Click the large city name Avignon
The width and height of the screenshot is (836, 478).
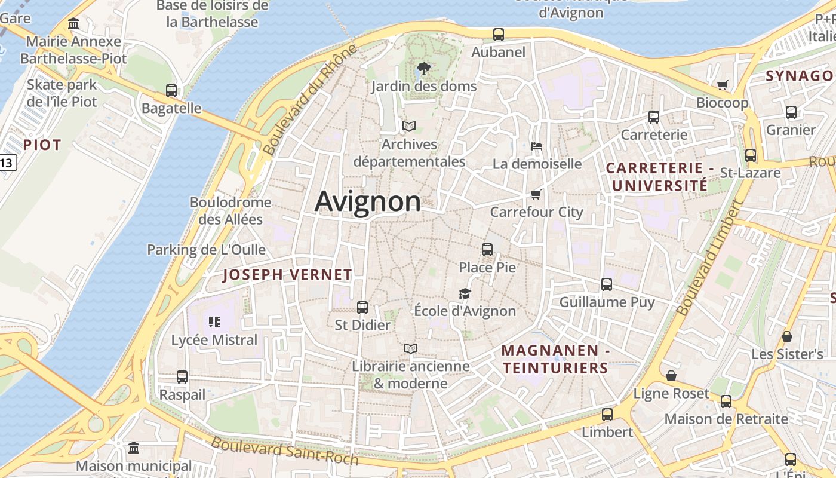point(367,201)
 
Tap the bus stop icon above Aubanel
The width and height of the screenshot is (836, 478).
point(499,35)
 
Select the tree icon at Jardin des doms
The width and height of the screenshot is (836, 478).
point(424,69)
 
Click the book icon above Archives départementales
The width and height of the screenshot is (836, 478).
point(409,126)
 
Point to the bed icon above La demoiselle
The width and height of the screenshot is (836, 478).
point(537,146)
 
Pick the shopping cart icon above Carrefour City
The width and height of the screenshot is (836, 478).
point(536,194)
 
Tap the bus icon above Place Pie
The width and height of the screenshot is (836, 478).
point(487,249)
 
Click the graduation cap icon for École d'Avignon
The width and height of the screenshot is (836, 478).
point(465,293)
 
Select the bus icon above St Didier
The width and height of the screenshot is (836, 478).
point(362,308)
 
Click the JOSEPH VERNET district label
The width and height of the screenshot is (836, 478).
point(287,275)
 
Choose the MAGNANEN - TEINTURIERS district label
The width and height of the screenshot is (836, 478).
point(555,359)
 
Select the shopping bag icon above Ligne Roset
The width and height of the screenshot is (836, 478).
point(671,376)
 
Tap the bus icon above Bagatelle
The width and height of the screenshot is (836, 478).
point(171,91)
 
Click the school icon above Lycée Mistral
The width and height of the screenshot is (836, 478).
point(214,323)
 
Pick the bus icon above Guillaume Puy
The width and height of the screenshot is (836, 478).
point(607,284)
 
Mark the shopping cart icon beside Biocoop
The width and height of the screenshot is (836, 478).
point(723,85)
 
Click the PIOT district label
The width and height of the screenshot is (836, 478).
point(42,145)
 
